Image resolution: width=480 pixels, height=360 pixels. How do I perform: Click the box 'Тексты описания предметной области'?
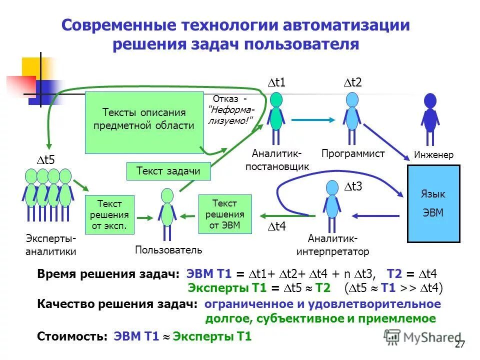pos(144,122)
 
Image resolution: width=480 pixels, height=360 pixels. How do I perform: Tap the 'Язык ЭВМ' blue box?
pos(433,203)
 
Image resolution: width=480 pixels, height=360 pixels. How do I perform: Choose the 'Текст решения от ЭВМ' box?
pos(224,214)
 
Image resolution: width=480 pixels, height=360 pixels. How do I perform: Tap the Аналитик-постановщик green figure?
pos(276,117)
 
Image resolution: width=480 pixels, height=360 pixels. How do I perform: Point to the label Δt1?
pos(276,83)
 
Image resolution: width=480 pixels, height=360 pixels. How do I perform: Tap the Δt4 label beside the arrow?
pos(275,227)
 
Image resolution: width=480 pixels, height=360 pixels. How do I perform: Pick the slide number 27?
pos(460,344)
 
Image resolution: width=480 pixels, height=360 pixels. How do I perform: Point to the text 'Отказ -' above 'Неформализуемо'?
pos(230,98)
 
